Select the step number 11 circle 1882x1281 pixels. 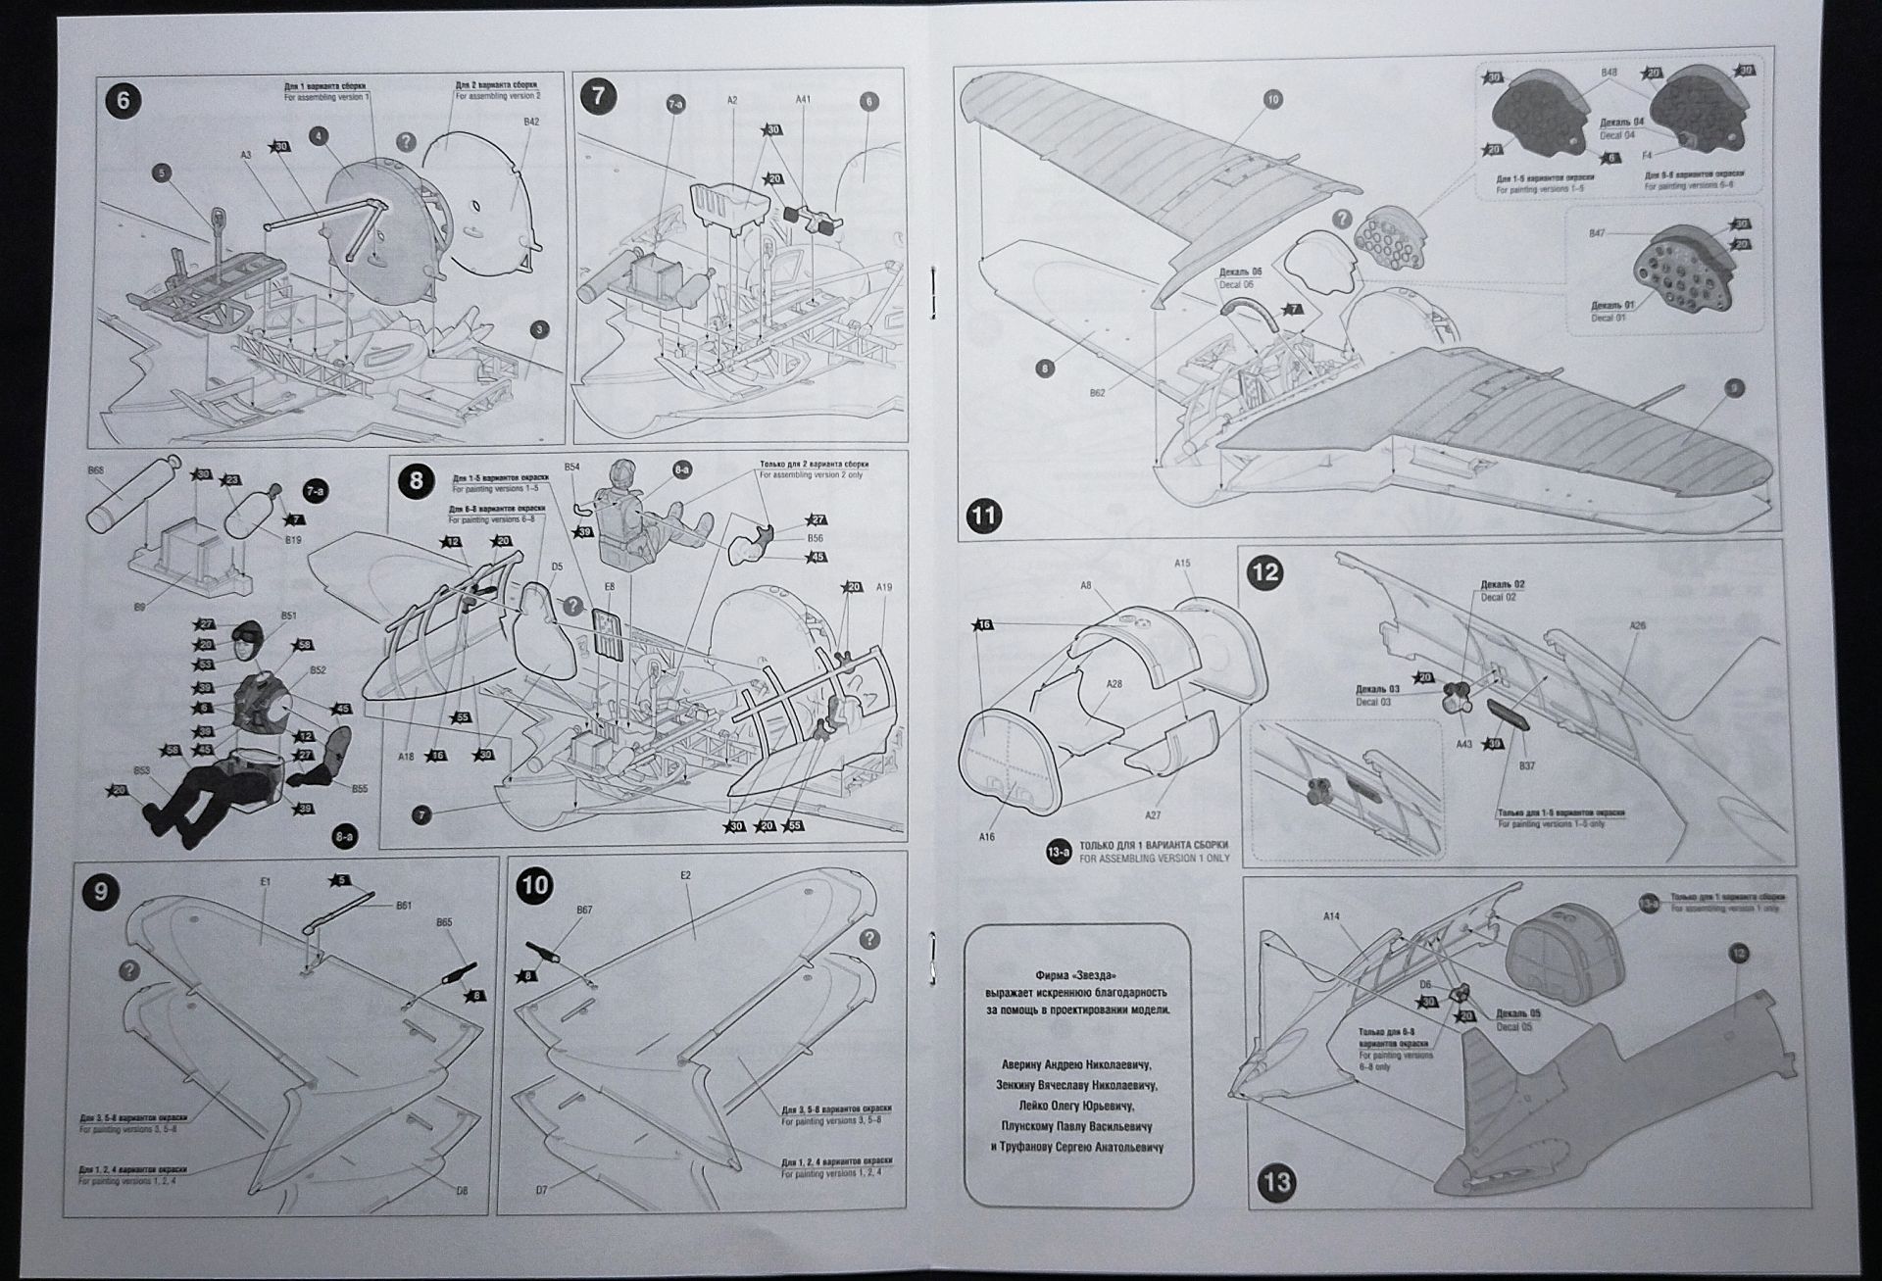click(x=984, y=516)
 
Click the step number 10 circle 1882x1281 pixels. click(x=535, y=886)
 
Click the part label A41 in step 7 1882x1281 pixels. click(x=803, y=99)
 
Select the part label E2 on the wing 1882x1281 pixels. click(x=685, y=874)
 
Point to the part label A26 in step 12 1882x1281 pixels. click(x=1637, y=625)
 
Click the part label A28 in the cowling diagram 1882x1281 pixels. click(x=1114, y=684)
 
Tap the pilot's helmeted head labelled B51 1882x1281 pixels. click(x=246, y=645)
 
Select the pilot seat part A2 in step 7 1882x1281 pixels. click(x=730, y=201)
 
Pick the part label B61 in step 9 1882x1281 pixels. click(x=403, y=906)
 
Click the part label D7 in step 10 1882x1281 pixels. click(x=541, y=1191)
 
